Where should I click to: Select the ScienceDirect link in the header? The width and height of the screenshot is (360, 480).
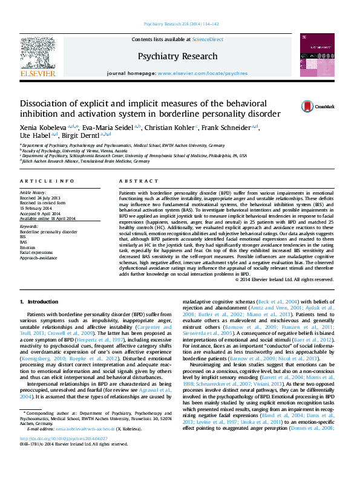point(208,39)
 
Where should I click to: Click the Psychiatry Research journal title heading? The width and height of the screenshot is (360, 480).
point(177,56)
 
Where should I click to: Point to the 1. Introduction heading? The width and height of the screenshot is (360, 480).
point(40,301)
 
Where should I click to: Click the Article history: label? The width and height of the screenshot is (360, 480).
point(33,192)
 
